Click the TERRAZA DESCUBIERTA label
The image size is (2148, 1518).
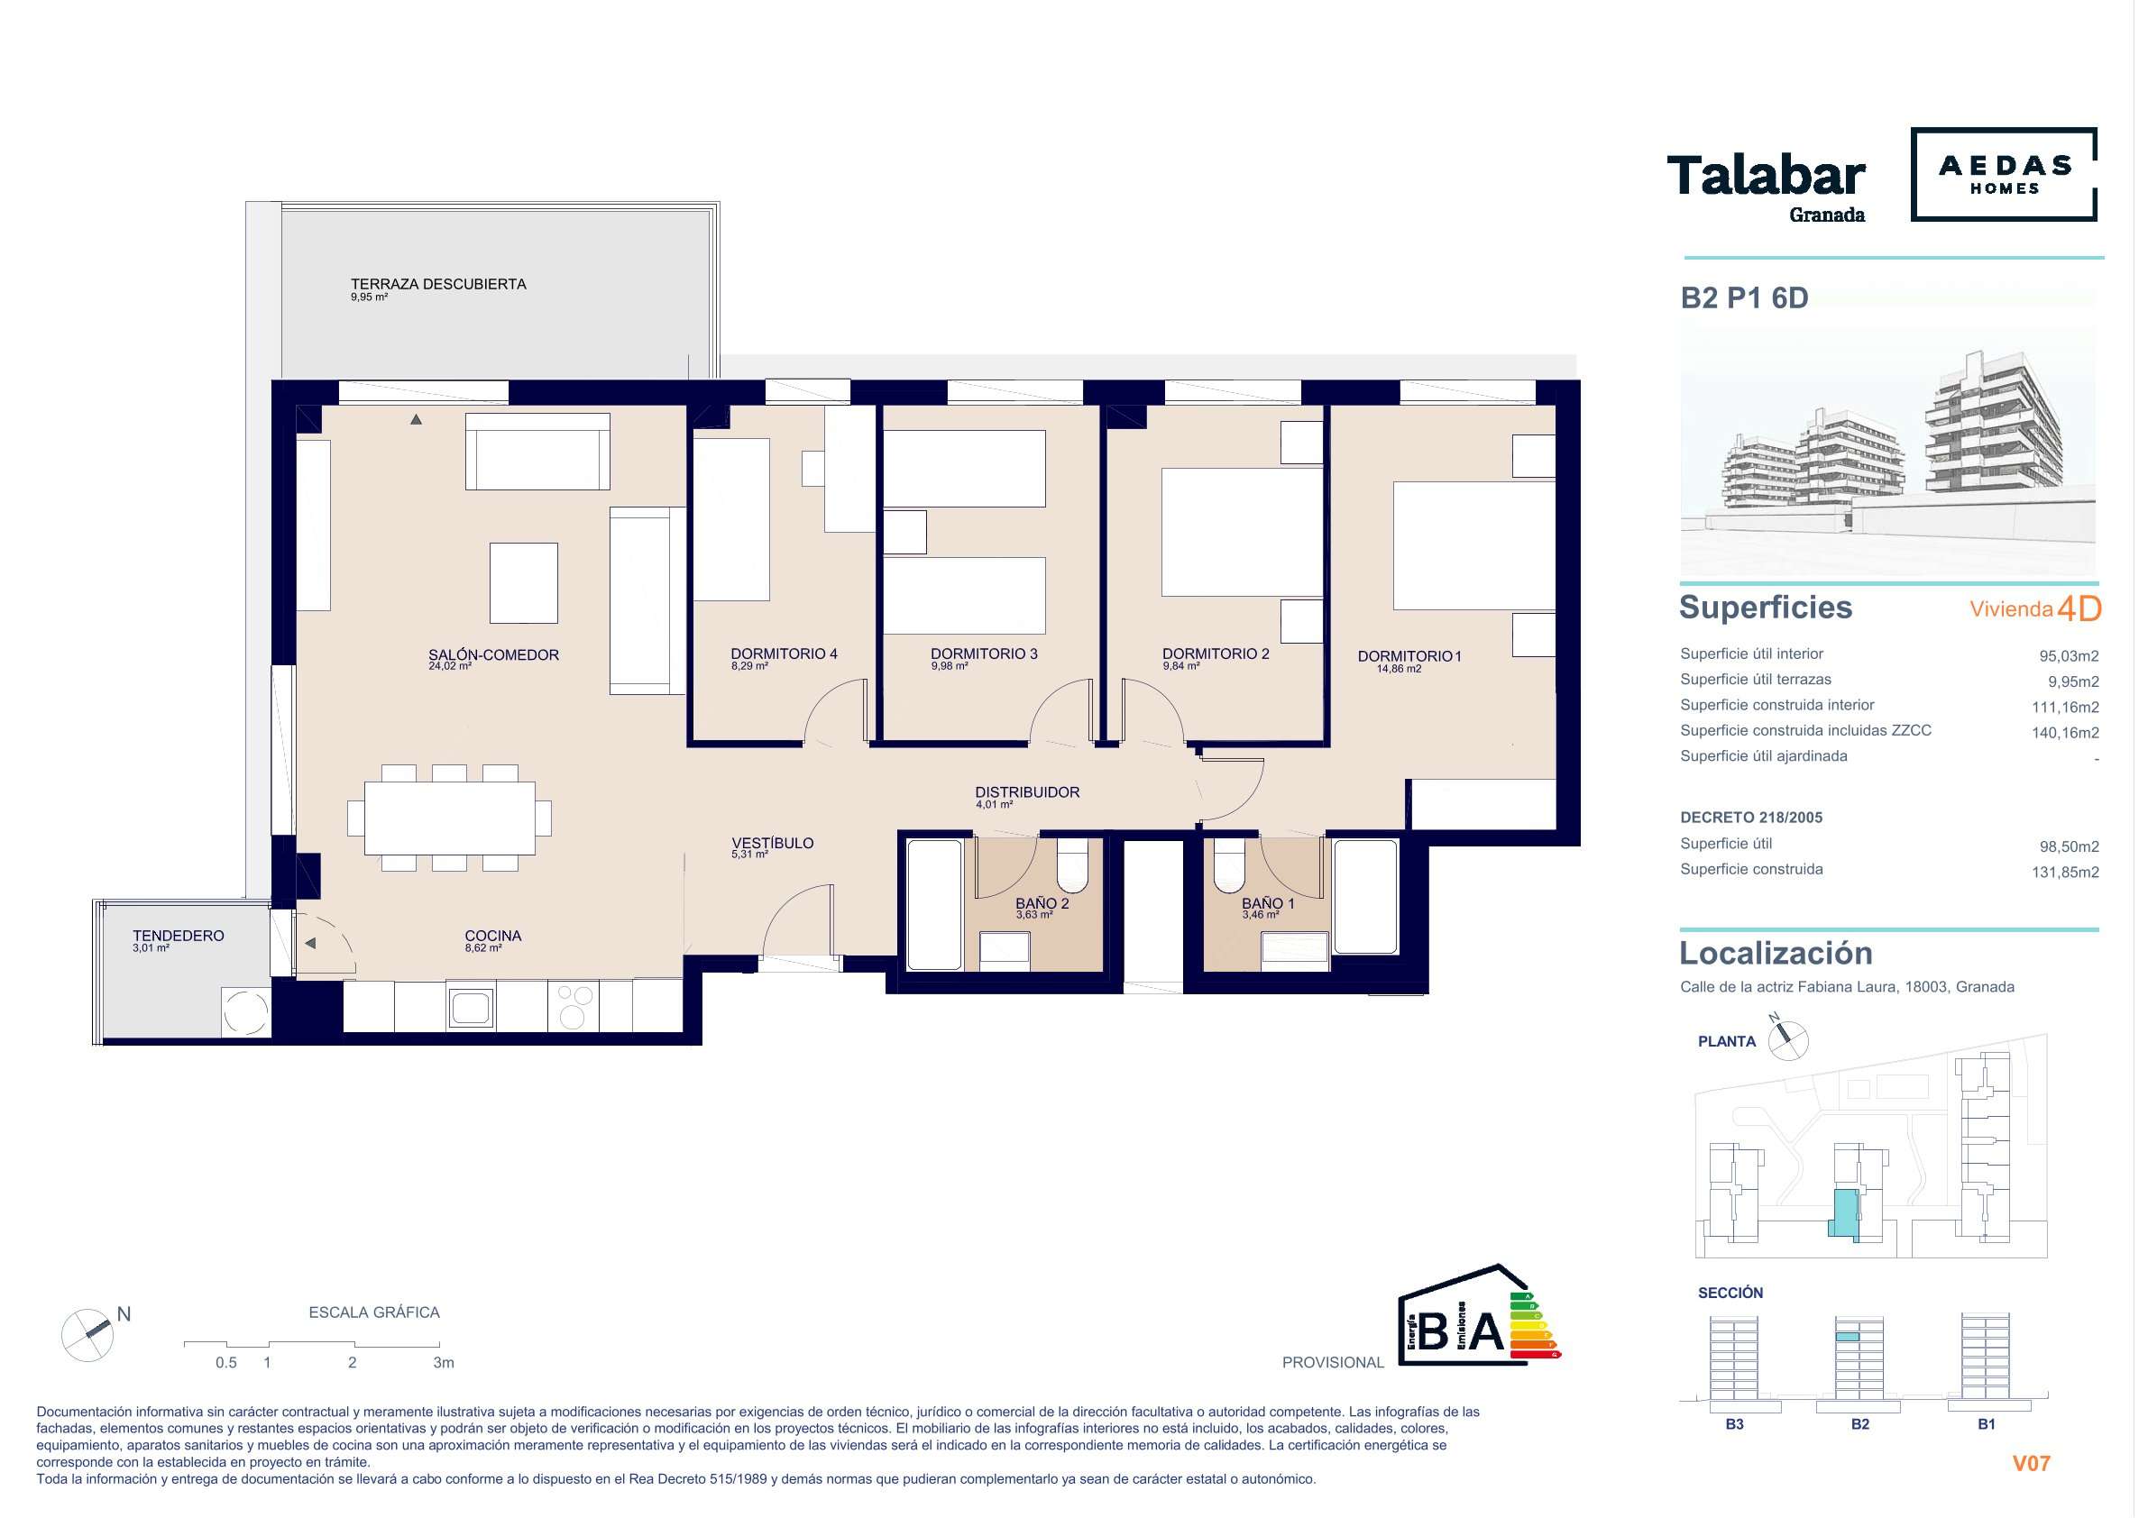438,284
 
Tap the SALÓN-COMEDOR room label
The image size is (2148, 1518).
493,654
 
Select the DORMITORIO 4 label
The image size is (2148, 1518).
784,654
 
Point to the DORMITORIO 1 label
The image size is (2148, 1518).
1409,656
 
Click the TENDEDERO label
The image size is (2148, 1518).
178,936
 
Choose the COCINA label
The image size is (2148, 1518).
493,936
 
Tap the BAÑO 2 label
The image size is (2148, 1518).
1042,903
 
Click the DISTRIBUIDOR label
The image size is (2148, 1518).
1027,792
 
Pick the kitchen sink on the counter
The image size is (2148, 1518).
471,1007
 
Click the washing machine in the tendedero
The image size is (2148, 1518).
246,1012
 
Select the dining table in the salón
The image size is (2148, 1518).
450,818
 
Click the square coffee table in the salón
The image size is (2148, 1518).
524,582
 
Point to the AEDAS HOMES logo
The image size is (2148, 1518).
2004,174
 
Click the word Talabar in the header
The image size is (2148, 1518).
1766,176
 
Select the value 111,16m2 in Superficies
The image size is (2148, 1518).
2065,707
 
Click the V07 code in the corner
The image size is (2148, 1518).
2031,1464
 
